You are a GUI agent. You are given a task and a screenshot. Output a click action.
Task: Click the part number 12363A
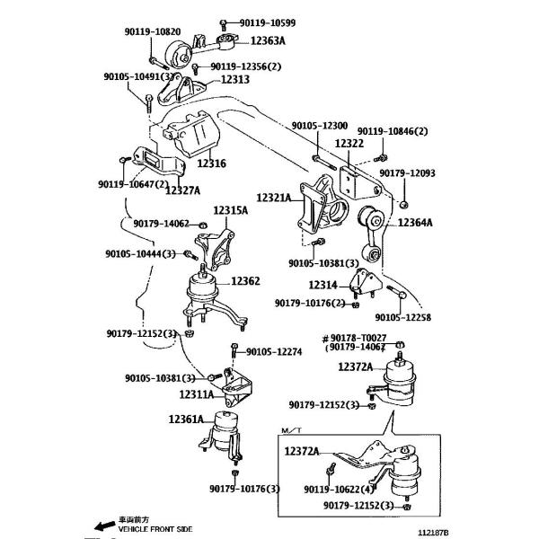269,40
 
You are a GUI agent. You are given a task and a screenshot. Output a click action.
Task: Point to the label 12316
212,163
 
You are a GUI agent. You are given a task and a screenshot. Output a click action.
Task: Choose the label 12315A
230,210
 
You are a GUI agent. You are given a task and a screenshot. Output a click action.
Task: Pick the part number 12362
244,281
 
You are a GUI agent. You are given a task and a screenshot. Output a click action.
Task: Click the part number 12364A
416,222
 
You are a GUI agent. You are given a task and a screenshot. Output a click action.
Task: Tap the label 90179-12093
432,172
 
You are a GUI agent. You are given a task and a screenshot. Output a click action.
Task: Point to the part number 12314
322,285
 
